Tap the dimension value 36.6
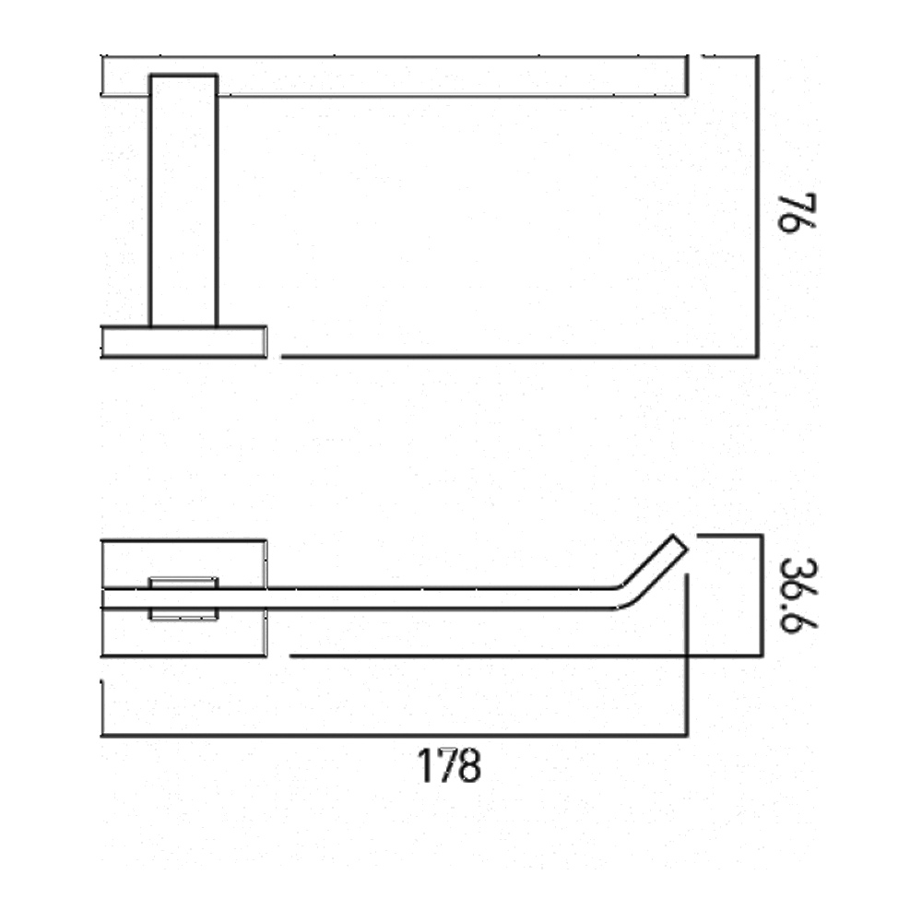tap(795, 595)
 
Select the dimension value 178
tap(450, 766)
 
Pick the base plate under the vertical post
tap(183, 341)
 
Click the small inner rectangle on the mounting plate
tap(183, 598)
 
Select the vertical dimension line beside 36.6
tap(761, 595)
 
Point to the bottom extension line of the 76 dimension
tap(516, 356)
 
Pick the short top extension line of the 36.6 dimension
tap(728, 535)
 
